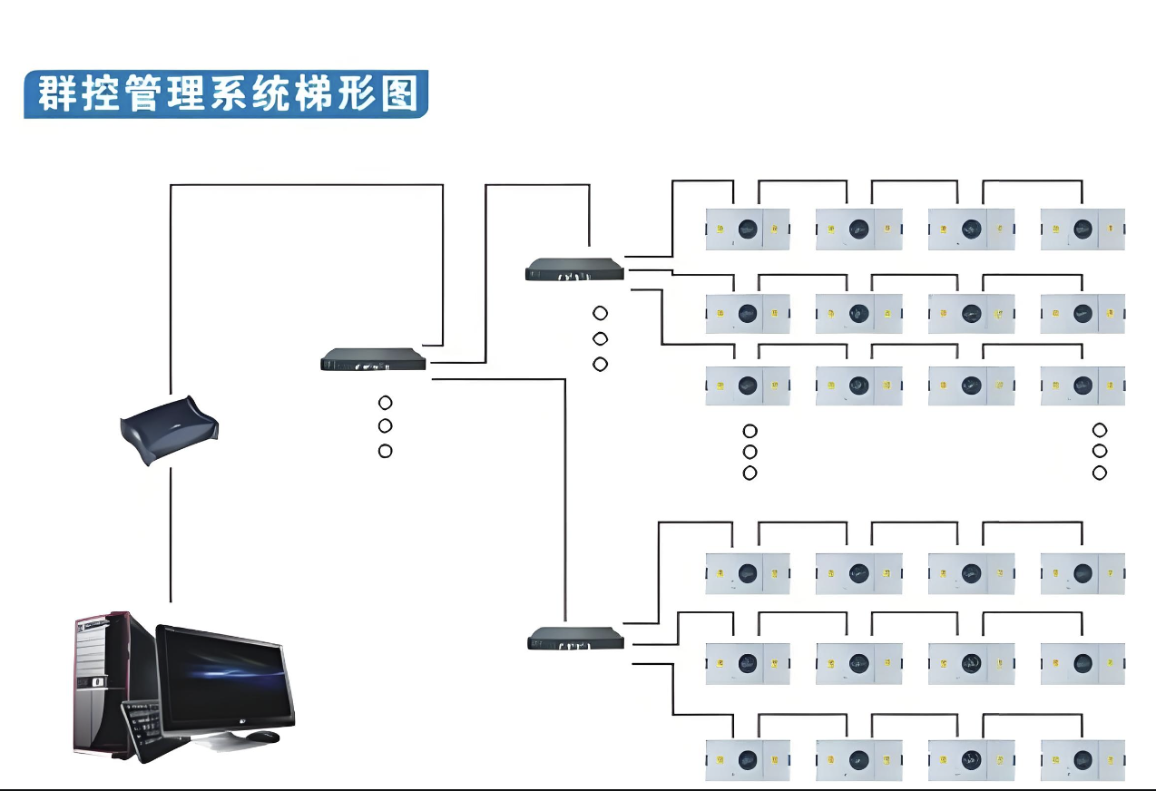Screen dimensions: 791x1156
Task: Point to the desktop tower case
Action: coord(102,680)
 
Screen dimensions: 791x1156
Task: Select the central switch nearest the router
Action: coord(373,360)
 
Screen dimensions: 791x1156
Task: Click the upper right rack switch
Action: coord(575,269)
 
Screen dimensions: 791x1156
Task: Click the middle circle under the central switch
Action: coord(385,426)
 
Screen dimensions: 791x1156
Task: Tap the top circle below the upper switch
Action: coord(600,314)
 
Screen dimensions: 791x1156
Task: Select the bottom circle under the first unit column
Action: coord(749,473)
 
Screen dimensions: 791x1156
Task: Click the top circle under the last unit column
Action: coord(1100,430)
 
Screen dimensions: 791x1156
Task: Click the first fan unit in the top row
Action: coord(748,229)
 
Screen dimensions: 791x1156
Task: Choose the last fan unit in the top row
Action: coord(1082,229)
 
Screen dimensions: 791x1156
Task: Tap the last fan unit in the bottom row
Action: coord(1082,760)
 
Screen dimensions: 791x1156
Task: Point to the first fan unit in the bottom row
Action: coord(748,760)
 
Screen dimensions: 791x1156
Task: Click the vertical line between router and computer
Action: coord(171,535)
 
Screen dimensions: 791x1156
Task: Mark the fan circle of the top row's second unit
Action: coord(857,229)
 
